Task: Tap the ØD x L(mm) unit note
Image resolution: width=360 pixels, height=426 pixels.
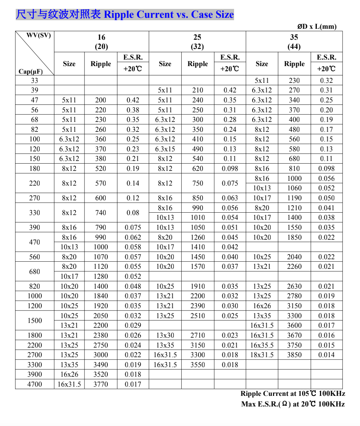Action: (x=317, y=27)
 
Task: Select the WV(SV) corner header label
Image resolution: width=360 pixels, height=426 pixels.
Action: (x=38, y=36)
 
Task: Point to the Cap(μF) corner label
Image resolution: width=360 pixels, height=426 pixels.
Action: (x=31, y=71)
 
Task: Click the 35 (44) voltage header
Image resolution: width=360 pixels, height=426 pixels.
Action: (x=294, y=42)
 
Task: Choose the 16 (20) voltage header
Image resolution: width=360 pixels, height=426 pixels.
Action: (x=101, y=42)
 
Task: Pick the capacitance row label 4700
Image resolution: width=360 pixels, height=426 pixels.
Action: (x=35, y=384)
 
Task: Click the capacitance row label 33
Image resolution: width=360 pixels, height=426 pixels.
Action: (x=35, y=80)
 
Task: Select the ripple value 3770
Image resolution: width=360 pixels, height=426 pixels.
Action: (x=101, y=384)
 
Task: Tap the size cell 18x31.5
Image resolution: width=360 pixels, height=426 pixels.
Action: (x=262, y=355)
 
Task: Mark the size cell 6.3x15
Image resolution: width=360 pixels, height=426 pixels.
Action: (x=165, y=149)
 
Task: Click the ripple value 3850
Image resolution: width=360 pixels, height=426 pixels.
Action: (x=294, y=355)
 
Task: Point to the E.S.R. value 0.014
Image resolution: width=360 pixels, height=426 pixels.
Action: (x=326, y=355)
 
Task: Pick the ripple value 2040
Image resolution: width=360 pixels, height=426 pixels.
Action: (x=294, y=257)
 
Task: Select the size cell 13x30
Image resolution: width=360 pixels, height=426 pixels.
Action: (x=165, y=335)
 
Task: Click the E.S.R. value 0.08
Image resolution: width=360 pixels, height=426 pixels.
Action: (x=133, y=213)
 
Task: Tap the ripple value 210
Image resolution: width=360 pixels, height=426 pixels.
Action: (x=198, y=90)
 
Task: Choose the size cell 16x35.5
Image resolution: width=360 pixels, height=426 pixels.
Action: (x=262, y=345)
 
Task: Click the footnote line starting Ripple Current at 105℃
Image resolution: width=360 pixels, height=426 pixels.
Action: (x=293, y=394)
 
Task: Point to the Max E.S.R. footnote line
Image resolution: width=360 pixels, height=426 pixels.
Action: (x=293, y=404)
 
